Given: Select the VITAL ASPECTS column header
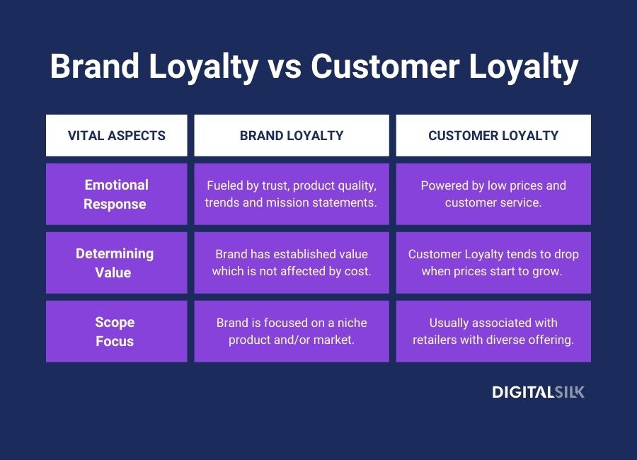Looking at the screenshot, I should point(117,135).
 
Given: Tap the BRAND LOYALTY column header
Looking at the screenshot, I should point(292,135).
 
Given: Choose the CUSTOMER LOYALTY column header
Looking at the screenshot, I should point(493,135).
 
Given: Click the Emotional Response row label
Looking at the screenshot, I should point(117,195).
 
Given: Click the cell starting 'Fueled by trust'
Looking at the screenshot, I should point(292,195).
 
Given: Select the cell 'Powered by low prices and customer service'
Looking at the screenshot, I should point(493,195).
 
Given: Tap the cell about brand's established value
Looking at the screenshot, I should point(292,263).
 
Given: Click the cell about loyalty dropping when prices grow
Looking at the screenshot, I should point(493,263).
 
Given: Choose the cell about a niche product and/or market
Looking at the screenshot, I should point(292,331).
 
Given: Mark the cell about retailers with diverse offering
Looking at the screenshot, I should point(493,331).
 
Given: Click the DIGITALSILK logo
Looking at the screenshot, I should point(539,392).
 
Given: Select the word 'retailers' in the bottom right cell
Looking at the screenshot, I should point(437,340).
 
